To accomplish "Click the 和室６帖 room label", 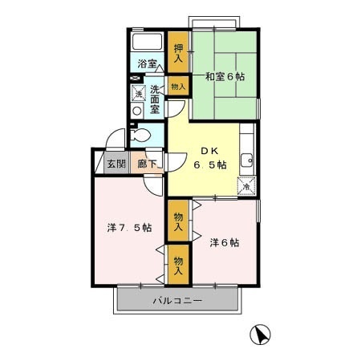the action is click(x=225, y=77).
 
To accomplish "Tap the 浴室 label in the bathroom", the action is click(x=147, y=64).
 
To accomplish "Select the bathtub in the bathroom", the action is click(x=148, y=42).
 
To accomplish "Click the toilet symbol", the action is click(x=140, y=136).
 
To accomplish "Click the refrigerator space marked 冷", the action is click(x=246, y=186).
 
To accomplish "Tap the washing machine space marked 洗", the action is click(x=138, y=93).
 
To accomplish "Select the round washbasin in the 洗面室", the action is click(x=137, y=111).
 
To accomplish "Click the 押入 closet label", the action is click(x=178, y=52).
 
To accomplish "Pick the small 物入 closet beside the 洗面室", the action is click(x=178, y=86).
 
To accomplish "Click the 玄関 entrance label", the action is click(x=116, y=164).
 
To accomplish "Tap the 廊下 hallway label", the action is click(x=147, y=164).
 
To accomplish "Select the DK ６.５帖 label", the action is click(x=210, y=158).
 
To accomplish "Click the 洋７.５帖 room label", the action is click(x=129, y=228).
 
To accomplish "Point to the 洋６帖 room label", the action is click(x=225, y=242).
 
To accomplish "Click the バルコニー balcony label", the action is click(x=177, y=301).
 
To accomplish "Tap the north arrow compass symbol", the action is click(x=260, y=335).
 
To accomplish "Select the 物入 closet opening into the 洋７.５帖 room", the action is click(x=178, y=265).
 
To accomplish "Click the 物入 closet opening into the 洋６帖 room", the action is click(x=178, y=221).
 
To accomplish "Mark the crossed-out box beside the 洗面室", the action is click(x=135, y=79).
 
